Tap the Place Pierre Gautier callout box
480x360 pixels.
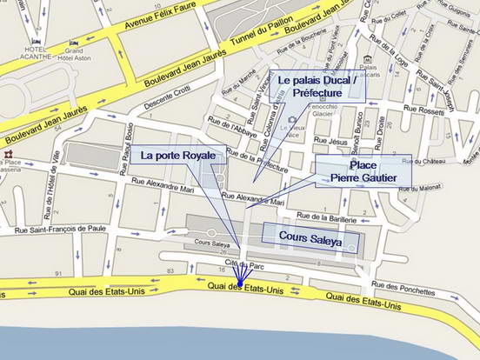362,170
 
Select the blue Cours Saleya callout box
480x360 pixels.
310,237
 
